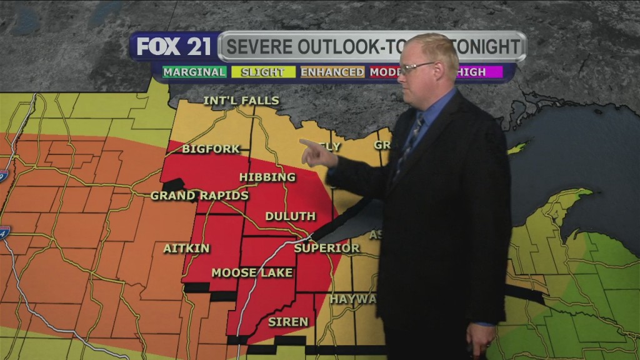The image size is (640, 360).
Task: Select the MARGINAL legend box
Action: coord(194,72)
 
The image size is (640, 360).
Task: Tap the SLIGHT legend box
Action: coord(263,72)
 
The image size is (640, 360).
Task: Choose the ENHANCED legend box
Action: coord(332,72)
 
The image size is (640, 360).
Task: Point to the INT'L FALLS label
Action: coord(241,101)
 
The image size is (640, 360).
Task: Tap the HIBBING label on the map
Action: coord(267,177)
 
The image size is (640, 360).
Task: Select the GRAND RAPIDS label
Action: coord(199,196)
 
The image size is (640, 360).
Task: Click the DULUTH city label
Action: coord(290,216)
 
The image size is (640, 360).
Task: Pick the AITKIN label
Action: coord(186,248)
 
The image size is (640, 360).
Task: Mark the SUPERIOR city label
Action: coord(327,248)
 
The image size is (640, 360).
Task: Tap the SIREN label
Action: coord(288,322)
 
